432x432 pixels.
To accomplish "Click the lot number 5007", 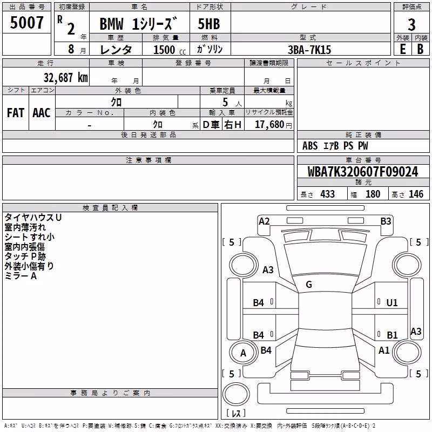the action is [26, 23].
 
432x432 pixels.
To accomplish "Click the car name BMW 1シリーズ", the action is [138, 24].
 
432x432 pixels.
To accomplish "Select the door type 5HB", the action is [209, 24].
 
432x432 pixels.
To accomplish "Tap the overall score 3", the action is [411, 25].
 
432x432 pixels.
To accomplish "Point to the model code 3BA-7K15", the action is [309, 50].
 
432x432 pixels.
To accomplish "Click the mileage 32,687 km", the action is [66, 78].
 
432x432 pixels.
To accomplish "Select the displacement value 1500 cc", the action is [170, 50].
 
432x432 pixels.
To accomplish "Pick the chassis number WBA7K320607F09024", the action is [363, 172].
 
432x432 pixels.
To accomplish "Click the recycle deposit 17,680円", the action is [273, 125].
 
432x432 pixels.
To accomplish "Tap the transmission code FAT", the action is [16, 113].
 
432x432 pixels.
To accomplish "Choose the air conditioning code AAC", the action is [42, 113].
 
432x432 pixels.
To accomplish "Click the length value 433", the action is [327, 194].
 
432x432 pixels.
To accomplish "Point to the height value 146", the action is [416, 194].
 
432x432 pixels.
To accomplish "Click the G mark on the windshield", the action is [309, 285].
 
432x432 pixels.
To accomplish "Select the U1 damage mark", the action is [392, 303].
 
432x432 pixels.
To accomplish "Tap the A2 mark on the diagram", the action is [264, 221].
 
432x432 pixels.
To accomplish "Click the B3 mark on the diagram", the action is [386, 221].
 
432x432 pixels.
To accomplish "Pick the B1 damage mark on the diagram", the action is [392, 335].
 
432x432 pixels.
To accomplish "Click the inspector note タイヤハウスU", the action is [33, 218].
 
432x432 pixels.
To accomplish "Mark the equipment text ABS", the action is [310, 146].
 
